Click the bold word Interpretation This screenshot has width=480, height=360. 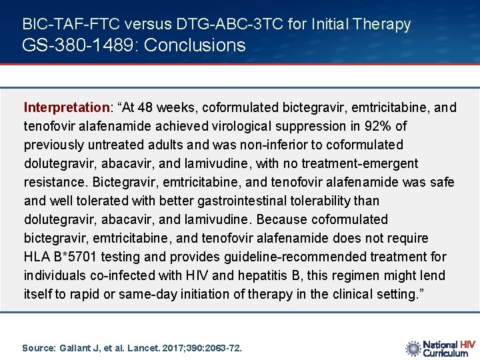[67, 107]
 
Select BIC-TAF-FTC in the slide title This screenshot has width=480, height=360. [61, 25]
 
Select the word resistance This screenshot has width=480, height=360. [51, 182]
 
